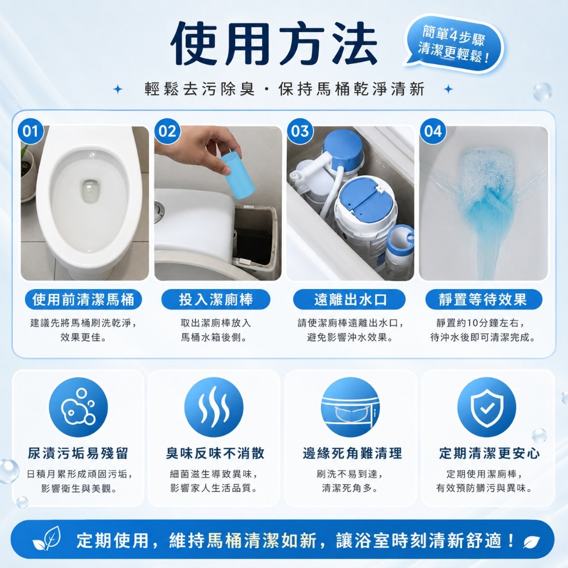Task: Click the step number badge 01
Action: pyautogui.click(x=31, y=131)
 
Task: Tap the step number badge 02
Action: pyautogui.click(x=167, y=131)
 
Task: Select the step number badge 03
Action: pyautogui.click(x=300, y=131)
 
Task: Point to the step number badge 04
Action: pyautogui.click(x=433, y=131)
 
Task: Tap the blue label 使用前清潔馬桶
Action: pyautogui.click(x=83, y=300)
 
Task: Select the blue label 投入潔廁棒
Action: pyautogui.click(x=216, y=300)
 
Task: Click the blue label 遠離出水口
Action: pyautogui.click(x=349, y=300)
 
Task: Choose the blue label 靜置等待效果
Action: pyautogui.click(x=483, y=300)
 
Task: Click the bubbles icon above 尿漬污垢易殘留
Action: pyautogui.click(x=78, y=407)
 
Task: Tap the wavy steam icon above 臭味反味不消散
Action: pyautogui.click(x=214, y=407)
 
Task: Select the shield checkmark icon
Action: pyautogui.click(x=486, y=407)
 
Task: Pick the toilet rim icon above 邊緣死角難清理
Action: pyautogui.click(x=351, y=407)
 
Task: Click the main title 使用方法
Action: pyautogui.click(x=274, y=43)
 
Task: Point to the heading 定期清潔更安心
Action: pyautogui.click(x=489, y=453)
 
